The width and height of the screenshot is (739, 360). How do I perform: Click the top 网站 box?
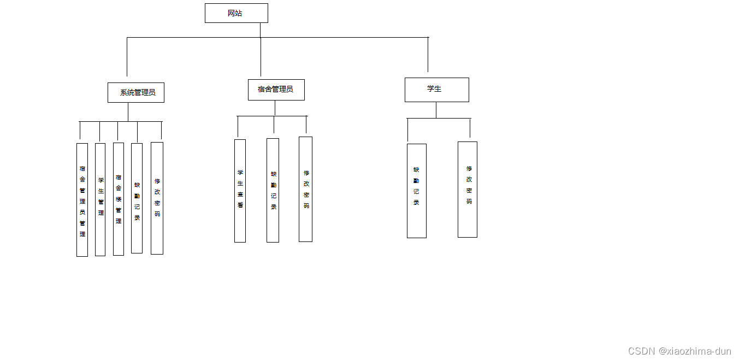(x=236, y=13)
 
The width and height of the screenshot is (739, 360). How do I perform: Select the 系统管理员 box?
(x=136, y=92)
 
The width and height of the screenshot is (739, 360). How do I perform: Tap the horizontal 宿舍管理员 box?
(x=276, y=90)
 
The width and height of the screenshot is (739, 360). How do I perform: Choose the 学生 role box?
(x=436, y=90)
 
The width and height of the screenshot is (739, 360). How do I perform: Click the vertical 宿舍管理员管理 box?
(x=82, y=199)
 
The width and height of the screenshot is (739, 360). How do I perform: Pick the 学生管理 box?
(x=100, y=199)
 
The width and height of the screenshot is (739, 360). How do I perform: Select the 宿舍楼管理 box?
(x=118, y=199)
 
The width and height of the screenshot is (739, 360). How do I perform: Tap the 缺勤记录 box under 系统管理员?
(x=137, y=198)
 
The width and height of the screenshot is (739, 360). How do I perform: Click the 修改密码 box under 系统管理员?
(x=157, y=198)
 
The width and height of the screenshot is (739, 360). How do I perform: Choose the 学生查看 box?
(x=240, y=191)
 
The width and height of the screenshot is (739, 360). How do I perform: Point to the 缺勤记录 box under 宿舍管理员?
(x=273, y=190)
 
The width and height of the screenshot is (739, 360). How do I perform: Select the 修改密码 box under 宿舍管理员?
(x=305, y=189)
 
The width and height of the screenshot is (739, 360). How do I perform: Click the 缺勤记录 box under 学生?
(x=416, y=191)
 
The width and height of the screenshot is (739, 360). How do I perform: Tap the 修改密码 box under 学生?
(x=467, y=190)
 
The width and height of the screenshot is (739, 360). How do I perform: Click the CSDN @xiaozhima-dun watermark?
(x=679, y=351)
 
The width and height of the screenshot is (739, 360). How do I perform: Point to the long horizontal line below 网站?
(x=328, y=38)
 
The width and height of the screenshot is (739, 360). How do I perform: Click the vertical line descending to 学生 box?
(x=428, y=55)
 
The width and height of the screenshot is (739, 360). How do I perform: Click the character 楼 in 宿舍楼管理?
(x=119, y=199)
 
